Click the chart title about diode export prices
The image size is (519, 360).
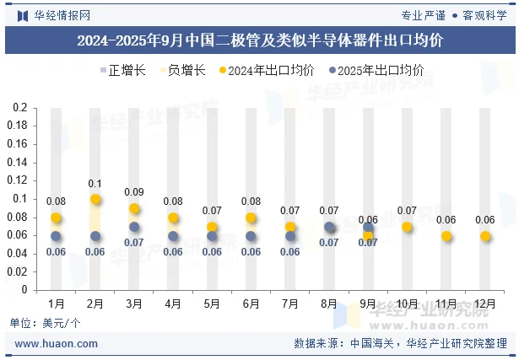point(259,40)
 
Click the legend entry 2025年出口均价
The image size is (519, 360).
point(376,71)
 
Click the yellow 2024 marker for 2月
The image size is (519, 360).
point(95,200)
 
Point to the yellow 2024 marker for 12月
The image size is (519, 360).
point(484,237)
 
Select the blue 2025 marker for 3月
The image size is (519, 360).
point(134,227)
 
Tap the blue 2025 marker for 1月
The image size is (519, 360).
point(57,237)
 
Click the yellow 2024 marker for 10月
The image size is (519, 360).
point(407,228)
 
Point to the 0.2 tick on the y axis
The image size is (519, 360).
point(20,108)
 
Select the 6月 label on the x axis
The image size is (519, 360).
point(251,303)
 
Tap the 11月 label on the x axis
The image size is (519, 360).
point(446,303)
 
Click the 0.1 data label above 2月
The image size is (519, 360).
point(95,184)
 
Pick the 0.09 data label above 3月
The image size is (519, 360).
point(134,192)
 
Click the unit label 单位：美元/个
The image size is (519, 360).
point(46,323)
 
